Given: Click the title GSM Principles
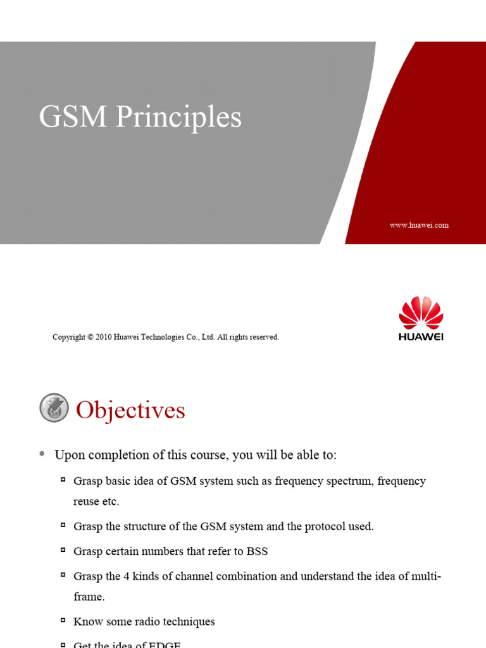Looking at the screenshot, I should (x=140, y=118).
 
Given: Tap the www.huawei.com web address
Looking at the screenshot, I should (x=419, y=225).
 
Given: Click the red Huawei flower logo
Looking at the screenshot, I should (x=421, y=313).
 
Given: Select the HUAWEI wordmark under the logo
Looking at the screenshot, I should (x=421, y=337).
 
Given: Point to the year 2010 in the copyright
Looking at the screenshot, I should (x=104, y=337).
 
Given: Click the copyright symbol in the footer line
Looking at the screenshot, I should (x=90, y=337).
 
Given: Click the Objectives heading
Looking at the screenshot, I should (x=130, y=410).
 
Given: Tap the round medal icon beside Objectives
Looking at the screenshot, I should (x=54, y=408).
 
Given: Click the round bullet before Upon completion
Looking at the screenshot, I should (x=42, y=453).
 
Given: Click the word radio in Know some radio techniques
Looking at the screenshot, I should (x=144, y=621).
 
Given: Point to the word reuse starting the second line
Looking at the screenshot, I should (x=87, y=501).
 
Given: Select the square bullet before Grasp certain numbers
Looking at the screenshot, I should (x=63, y=550).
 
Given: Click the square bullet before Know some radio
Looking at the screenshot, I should (x=63, y=620).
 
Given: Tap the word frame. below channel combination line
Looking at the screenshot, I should (x=89, y=597).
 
